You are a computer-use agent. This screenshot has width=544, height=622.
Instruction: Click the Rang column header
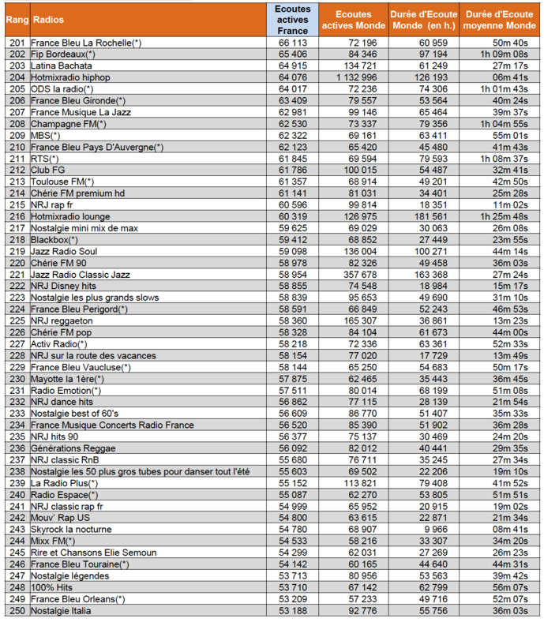17,19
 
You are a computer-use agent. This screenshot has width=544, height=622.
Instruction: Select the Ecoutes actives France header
292,19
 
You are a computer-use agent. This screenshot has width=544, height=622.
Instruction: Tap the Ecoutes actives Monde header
354,19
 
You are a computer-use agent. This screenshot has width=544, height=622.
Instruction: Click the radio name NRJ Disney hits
67,285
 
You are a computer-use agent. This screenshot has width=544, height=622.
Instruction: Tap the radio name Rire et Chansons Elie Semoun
94,553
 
